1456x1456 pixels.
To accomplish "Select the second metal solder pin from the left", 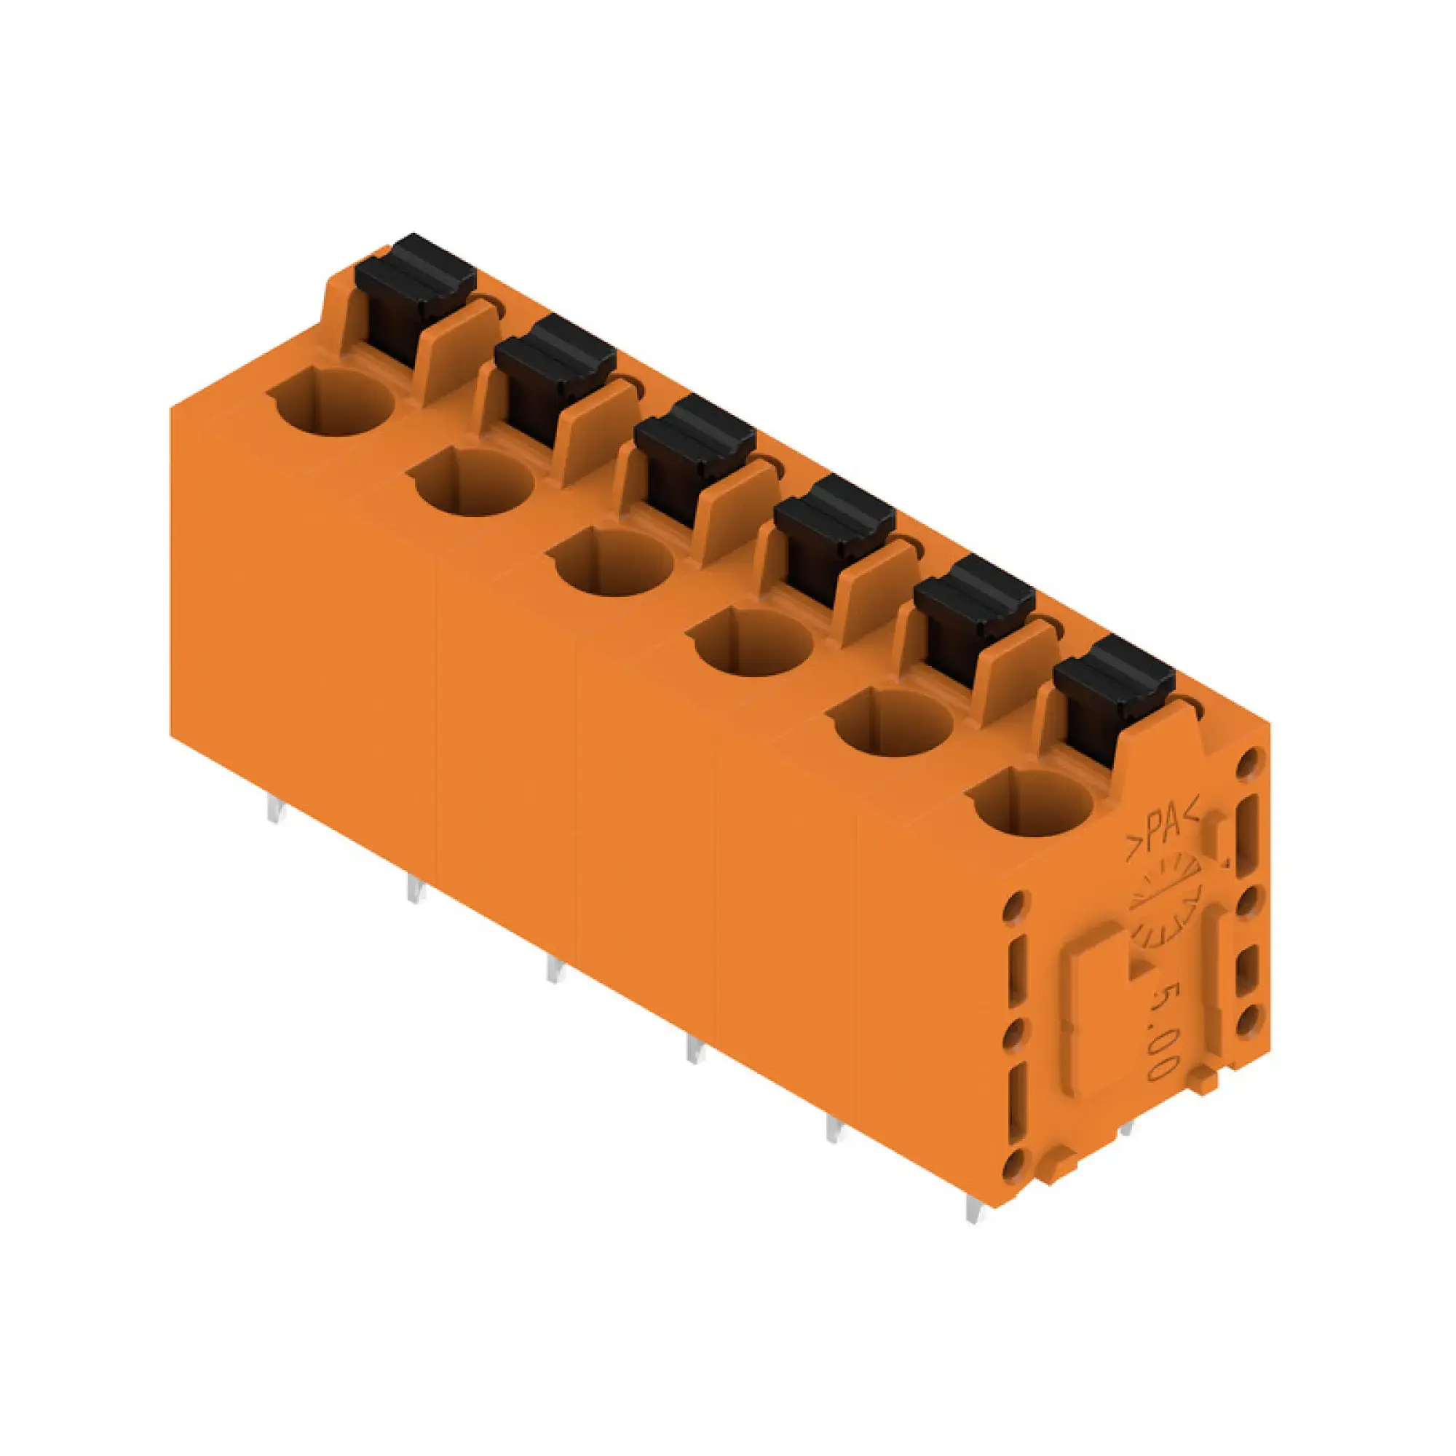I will (415, 890).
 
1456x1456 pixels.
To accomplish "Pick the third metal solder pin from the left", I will (555, 969).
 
